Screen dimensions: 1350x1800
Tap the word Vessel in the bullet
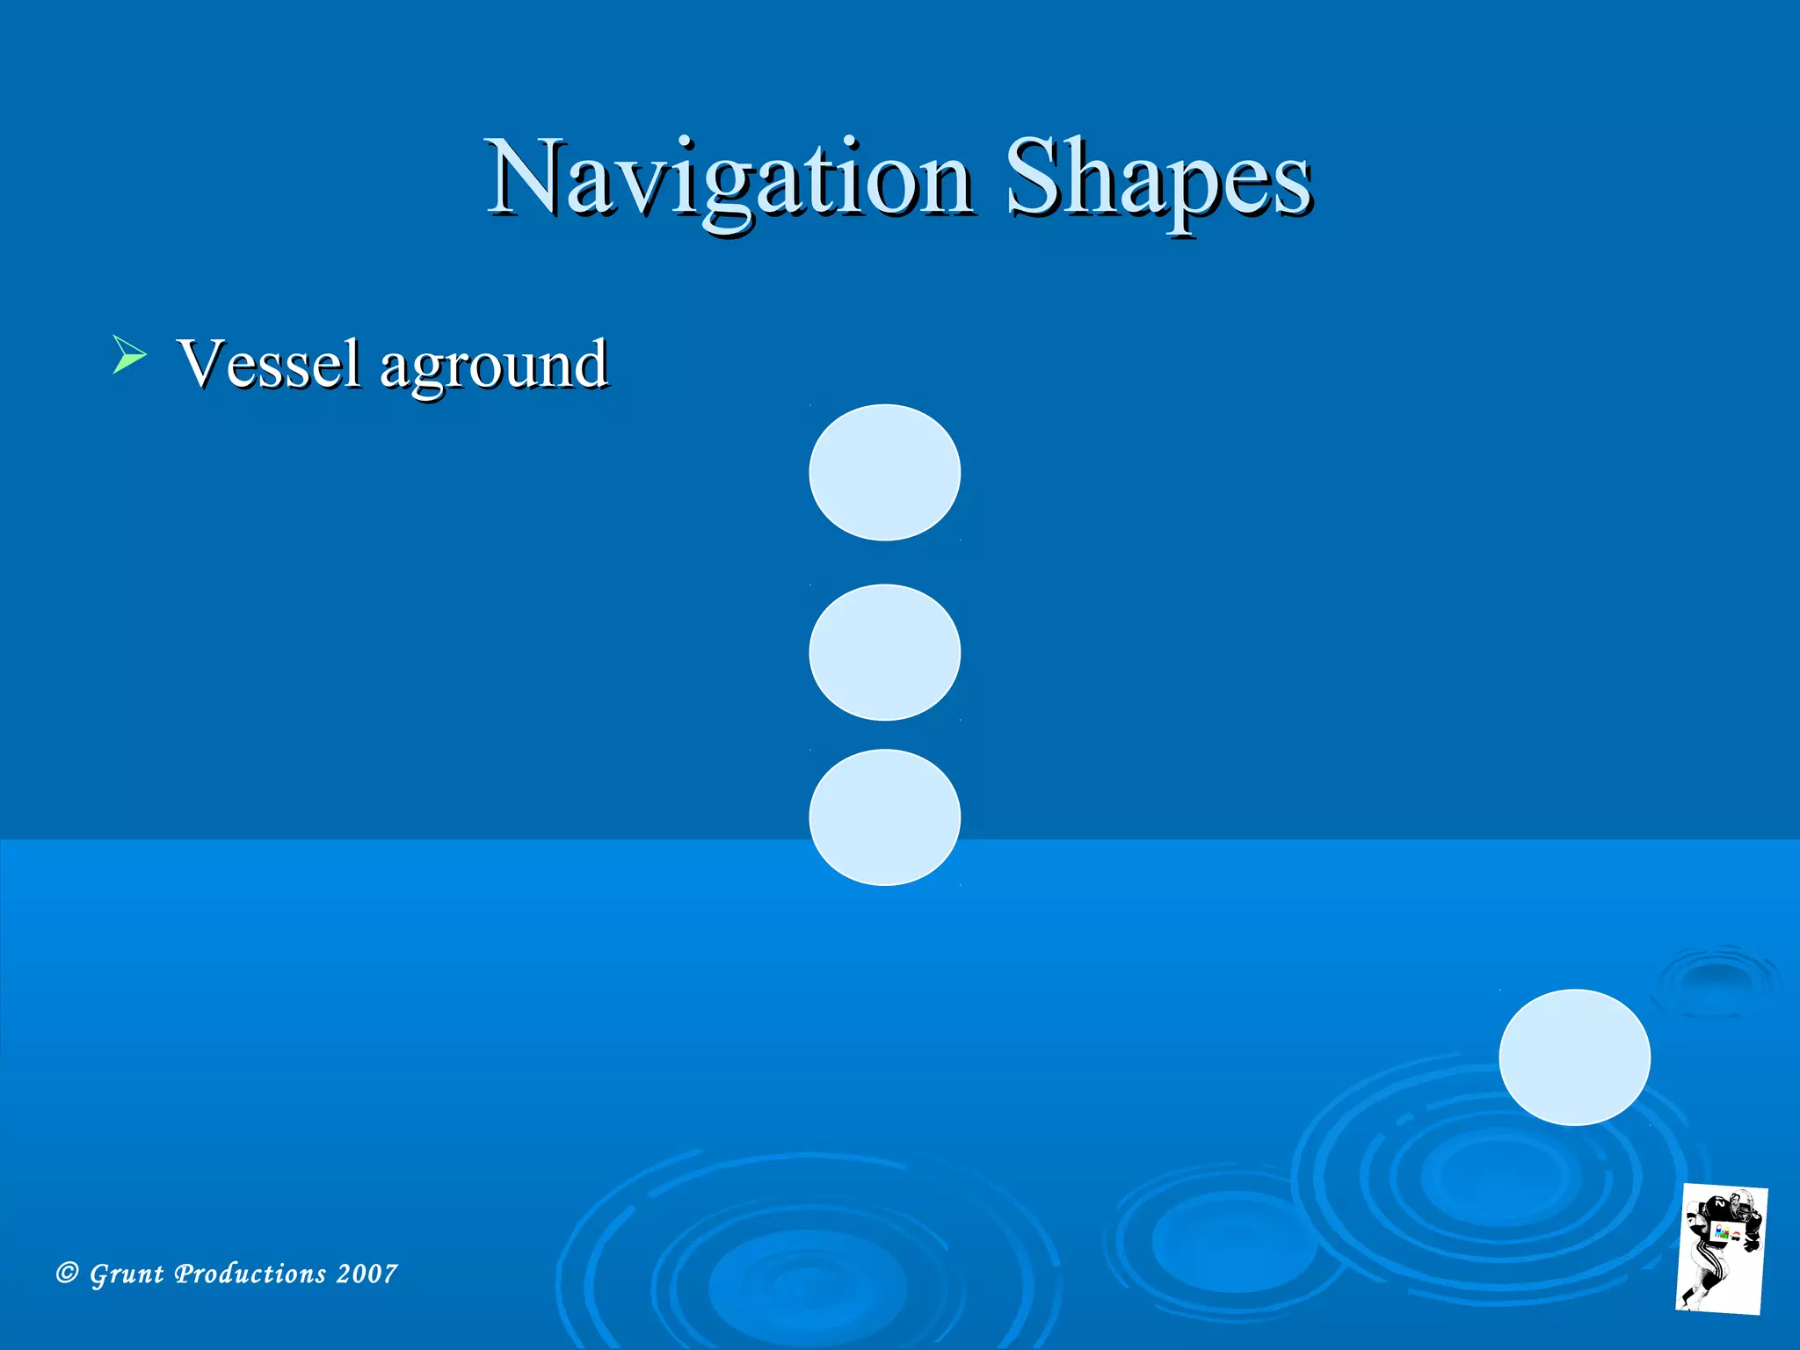point(269,363)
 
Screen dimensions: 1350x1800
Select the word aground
point(493,365)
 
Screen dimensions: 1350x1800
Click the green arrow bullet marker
point(129,355)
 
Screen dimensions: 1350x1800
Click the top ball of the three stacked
point(884,472)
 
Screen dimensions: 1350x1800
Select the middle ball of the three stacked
point(884,652)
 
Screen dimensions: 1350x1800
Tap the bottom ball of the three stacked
point(884,817)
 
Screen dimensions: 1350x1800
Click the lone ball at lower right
point(1574,1056)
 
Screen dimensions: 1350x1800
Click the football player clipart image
point(1721,1248)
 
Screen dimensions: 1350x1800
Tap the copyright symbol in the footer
point(67,1273)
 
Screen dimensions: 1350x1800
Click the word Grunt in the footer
point(127,1274)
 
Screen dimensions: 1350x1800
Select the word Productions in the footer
point(250,1274)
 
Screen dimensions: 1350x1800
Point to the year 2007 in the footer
point(367,1274)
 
